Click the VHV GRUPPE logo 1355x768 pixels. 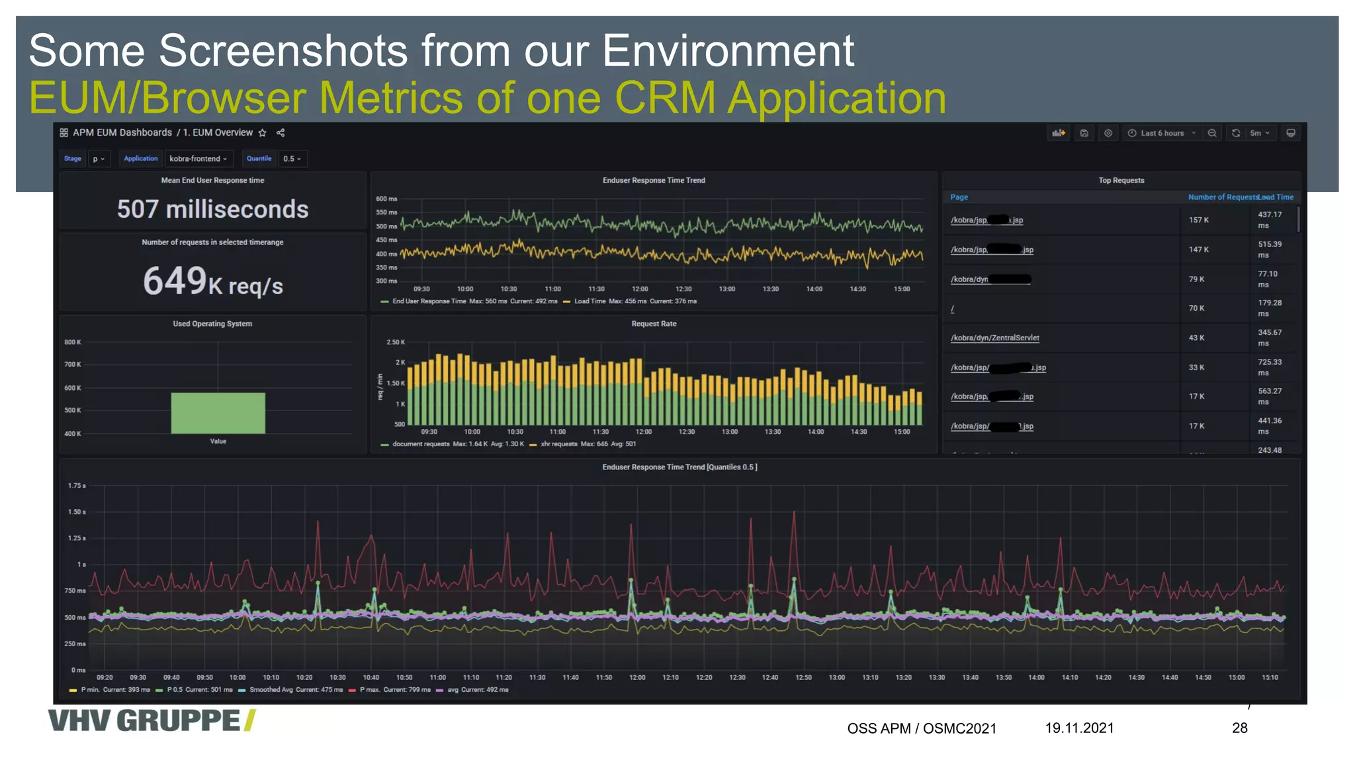(x=152, y=720)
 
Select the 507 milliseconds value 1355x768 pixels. (x=212, y=209)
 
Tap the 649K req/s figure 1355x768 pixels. (x=212, y=282)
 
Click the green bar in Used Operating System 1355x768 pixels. (x=218, y=413)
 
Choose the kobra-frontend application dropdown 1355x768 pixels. (x=198, y=159)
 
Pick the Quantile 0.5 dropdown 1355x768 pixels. (x=292, y=159)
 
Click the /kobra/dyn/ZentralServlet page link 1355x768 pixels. (x=994, y=338)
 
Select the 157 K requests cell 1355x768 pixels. (x=1198, y=220)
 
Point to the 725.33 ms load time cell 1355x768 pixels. (x=1269, y=367)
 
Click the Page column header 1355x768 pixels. (x=959, y=197)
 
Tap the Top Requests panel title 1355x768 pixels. (x=1121, y=181)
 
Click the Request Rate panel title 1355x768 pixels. (x=654, y=324)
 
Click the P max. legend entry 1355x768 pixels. (x=371, y=690)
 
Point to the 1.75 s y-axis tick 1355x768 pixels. (x=77, y=486)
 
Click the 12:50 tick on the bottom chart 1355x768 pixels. (x=803, y=678)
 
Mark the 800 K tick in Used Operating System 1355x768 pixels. (x=73, y=342)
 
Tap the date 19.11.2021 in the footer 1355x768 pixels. (x=1079, y=728)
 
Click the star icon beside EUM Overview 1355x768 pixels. (x=263, y=133)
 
